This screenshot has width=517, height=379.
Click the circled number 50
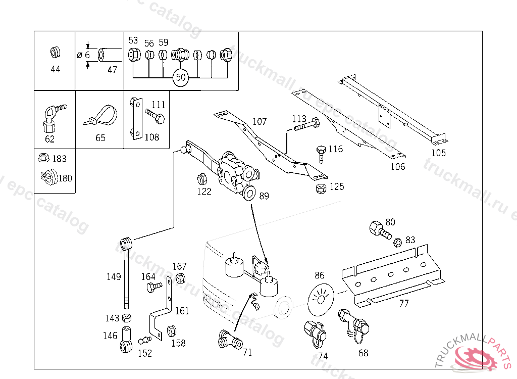(180, 78)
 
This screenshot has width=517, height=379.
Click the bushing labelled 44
(55, 52)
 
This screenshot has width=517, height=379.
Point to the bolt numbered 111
(155, 116)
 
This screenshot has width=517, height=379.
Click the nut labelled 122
(201, 179)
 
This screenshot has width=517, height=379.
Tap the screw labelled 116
(321, 153)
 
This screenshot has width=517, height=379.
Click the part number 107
(260, 122)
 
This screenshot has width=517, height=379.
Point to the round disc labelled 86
(320, 296)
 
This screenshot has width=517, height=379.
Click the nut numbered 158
(171, 331)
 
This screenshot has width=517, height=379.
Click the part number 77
(404, 304)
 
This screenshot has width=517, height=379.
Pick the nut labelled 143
(127, 318)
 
